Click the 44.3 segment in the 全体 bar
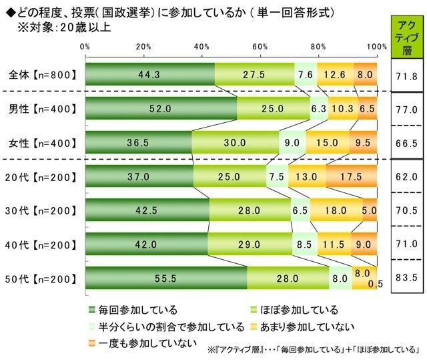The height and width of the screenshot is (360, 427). coord(150,75)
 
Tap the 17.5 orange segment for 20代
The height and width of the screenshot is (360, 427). coord(352,178)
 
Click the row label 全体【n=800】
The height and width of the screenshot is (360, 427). coord(41,75)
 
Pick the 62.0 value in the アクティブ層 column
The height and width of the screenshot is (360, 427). coord(406,178)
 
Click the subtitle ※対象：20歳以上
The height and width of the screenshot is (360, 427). coord(63,28)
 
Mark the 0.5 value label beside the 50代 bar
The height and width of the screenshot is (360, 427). coord(381,287)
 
